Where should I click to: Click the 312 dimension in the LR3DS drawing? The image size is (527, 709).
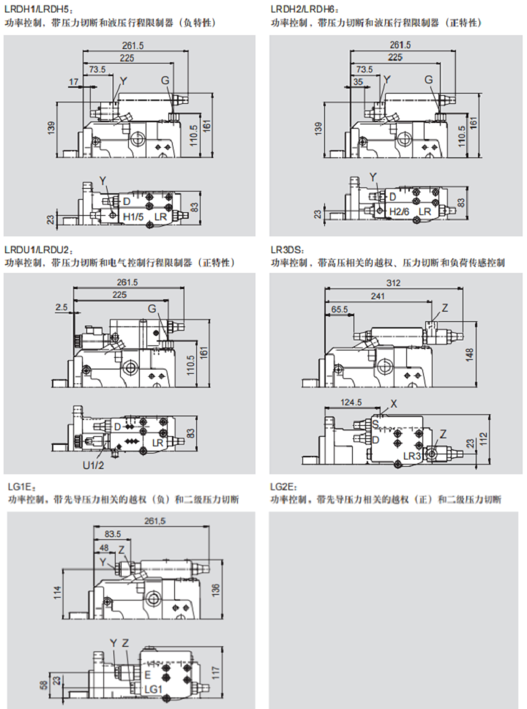(394, 282)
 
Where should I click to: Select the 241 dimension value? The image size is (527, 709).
(378, 297)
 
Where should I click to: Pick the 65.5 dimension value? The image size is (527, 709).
(340, 310)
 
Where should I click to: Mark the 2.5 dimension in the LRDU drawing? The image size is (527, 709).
(61, 308)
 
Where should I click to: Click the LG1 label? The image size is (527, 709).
(153, 689)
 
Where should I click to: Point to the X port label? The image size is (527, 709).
(393, 403)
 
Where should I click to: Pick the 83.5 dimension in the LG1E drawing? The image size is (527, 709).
(112, 533)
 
